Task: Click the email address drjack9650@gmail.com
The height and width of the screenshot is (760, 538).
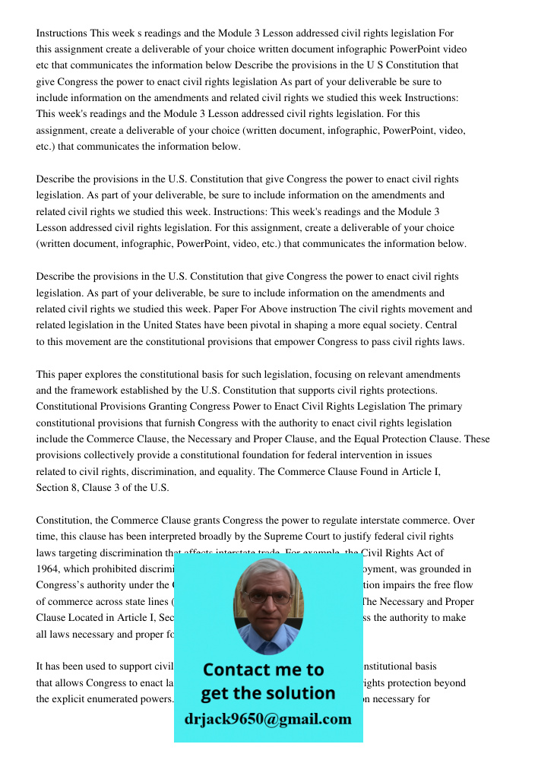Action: pos(267,719)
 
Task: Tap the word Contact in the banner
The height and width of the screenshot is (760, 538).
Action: pos(239,670)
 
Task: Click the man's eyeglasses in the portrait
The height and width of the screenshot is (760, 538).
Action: pos(267,597)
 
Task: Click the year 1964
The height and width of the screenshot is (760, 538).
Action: pos(49,568)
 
